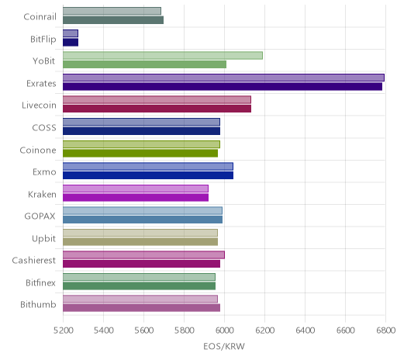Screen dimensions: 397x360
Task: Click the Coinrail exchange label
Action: coord(40,17)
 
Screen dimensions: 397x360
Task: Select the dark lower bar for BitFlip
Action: coord(71,43)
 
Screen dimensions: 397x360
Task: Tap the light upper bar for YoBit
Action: coord(163,55)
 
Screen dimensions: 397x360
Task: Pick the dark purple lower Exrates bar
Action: coord(223,87)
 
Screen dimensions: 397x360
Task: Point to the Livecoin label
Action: coord(39,106)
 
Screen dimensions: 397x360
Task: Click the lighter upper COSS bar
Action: coord(141,122)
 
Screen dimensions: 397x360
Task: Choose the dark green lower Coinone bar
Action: coord(140,153)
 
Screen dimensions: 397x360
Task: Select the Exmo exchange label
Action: coord(44,172)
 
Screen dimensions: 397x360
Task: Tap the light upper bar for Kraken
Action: coord(136,189)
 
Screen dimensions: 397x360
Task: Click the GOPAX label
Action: coord(40,216)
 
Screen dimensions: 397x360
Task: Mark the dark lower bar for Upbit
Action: coord(140,242)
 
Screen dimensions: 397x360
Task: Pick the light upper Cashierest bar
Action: coord(143,255)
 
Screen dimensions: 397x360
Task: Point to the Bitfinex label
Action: coord(40,282)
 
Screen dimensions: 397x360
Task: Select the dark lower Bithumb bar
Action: coord(142,308)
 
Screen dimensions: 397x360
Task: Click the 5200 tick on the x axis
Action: coord(63,331)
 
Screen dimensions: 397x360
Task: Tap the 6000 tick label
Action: coord(224,331)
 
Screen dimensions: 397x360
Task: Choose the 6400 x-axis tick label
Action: coord(305,331)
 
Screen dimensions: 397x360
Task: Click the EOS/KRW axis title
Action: coord(224,346)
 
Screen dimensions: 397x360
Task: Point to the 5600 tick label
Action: coord(143,331)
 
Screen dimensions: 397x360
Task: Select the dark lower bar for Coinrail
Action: coord(113,20)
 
